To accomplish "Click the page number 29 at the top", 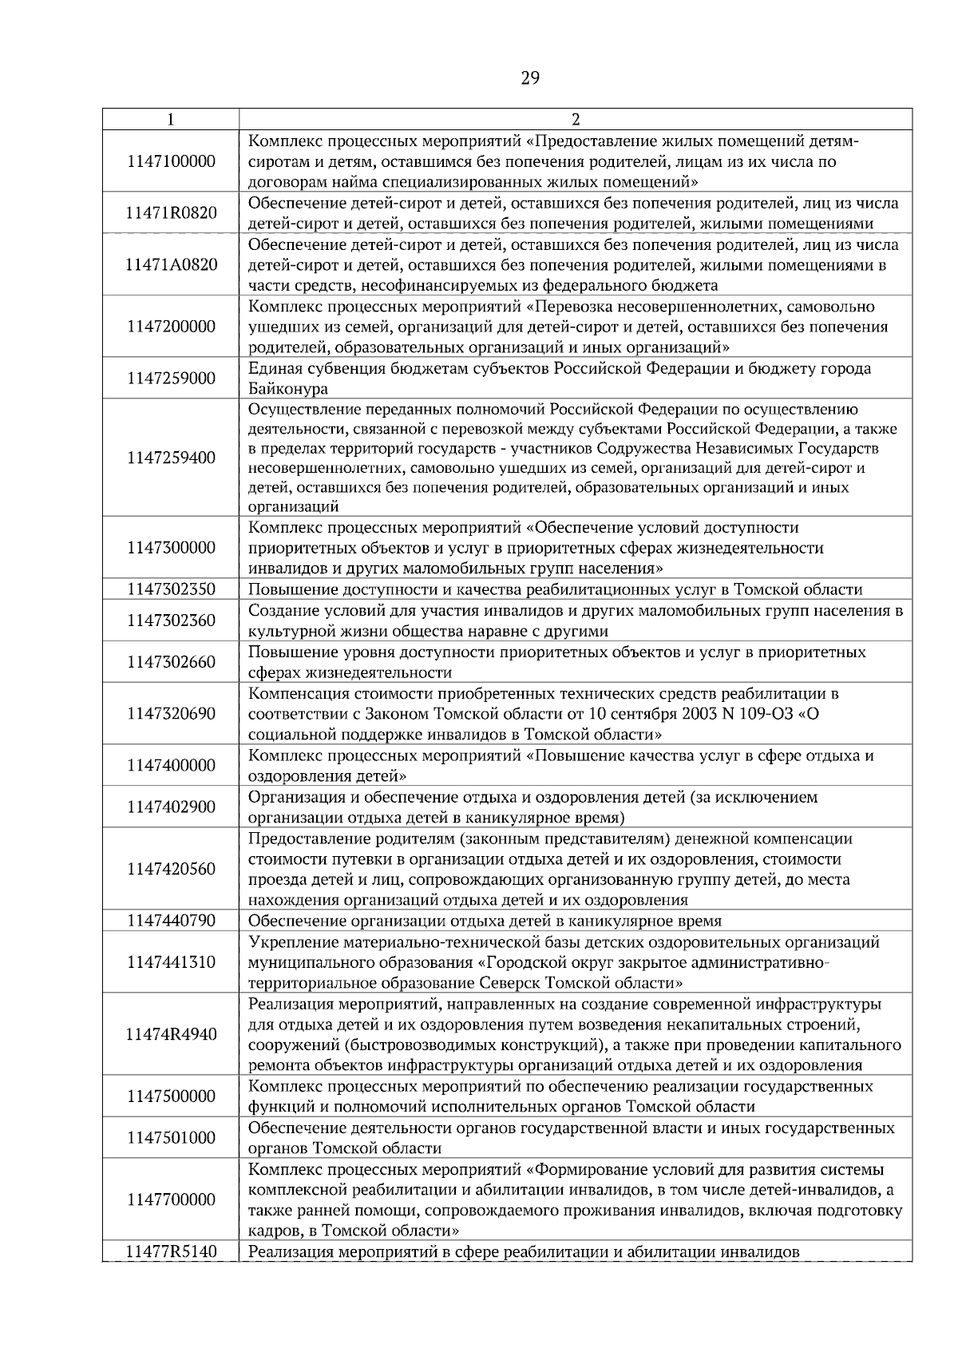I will pyautogui.click(x=530, y=78).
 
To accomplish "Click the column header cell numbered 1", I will pyautogui.click(x=171, y=120).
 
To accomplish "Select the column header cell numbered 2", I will pyautogui.click(x=575, y=120).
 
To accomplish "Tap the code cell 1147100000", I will pyautogui.click(x=171, y=161).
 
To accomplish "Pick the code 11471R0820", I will pyautogui.click(x=171, y=213).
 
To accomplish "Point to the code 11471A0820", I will pyautogui.click(x=171, y=264).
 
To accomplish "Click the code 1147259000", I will pyautogui.click(x=171, y=379).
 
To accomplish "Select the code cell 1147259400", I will pyautogui.click(x=171, y=458).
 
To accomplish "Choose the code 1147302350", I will pyautogui.click(x=171, y=590).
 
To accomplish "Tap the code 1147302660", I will pyautogui.click(x=171, y=662).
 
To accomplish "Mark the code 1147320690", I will pyautogui.click(x=171, y=713).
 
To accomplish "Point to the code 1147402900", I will pyautogui.click(x=171, y=807).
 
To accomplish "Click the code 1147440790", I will pyautogui.click(x=171, y=921).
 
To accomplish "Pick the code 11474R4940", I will pyautogui.click(x=171, y=1034).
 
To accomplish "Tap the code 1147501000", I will pyautogui.click(x=171, y=1138).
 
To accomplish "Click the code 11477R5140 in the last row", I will pyautogui.click(x=171, y=1252).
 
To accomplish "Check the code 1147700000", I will pyautogui.click(x=171, y=1200).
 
